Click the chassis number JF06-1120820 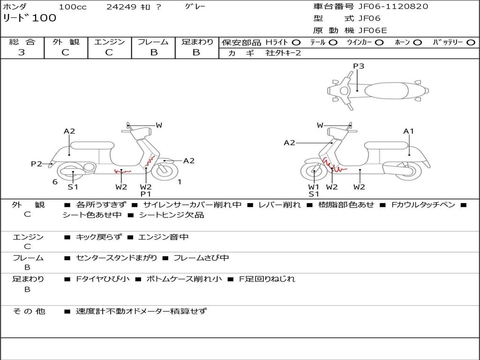pyautogui.click(x=393, y=7)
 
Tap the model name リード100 pyautogui.click(x=30, y=18)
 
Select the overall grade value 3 pyautogui.click(x=22, y=52)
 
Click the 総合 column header pyautogui.click(x=22, y=42)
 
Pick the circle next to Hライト pyautogui.click(x=296, y=43)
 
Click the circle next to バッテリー pyautogui.click(x=471, y=43)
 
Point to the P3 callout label pyautogui.click(x=359, y=66)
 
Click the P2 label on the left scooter pyautogui.click(x=37, y=164)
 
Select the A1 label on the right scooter pyautogui.click(x=408, y=131)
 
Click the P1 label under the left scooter pyautogui.click(x=146, y=194)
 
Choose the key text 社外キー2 pyautogui.click(x=283, y=53)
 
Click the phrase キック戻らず pyautogui.click(x=98, y=237)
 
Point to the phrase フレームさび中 pyautogui.click(x=201, y=258)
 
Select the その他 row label pyautogui.click(x=29, y=311)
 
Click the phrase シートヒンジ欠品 pyautogui.click(x=172, y=215)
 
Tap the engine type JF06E pyautogui.click(x=373, y=30)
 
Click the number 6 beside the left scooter pyautogui.click(x=55, y=182)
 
